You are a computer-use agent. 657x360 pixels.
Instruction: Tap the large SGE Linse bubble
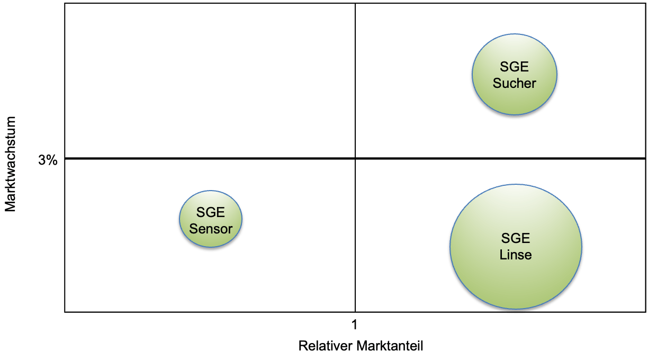[x=516, y=281]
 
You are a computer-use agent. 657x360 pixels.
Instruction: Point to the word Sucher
[x=514, y=83]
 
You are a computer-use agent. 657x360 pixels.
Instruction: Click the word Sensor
[x=211, y=229]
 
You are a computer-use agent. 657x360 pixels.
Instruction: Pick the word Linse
[x=516, y=255]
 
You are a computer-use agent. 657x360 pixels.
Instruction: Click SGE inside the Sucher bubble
[x=514, y=67]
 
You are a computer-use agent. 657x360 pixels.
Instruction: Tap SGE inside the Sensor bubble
[x=211, y=213]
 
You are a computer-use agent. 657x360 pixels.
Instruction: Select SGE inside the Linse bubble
[x=516, y=239]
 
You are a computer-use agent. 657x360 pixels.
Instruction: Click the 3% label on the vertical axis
[x=48, y=160]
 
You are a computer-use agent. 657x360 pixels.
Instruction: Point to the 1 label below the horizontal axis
[x=355, y=324]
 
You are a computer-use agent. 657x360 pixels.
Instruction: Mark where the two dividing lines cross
[x=355, y=158]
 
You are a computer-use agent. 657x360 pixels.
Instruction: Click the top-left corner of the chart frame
[x=65, y=3]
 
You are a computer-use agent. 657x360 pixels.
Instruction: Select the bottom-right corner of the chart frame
[x=645, y=312]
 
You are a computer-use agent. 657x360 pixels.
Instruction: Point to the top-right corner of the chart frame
[x=645, y=3]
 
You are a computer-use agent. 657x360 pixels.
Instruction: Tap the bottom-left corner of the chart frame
[x=65, y=312]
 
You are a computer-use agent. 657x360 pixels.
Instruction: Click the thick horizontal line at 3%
[x=212, y=158]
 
